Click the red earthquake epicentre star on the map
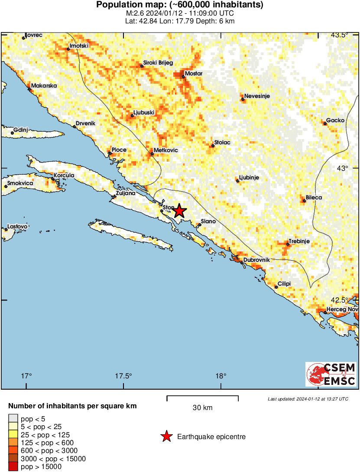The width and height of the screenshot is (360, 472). coord(179,211)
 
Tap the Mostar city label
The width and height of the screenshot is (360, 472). coord(193,74)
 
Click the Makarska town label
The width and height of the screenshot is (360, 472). coord(44,86)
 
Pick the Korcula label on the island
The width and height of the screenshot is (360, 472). coord(64,176)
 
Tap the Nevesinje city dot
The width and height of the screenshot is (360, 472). coord(243,100)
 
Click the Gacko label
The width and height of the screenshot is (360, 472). coord(335,120)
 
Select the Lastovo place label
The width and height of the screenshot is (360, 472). coord(18,227)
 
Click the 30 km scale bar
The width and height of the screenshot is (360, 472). coord(202,396)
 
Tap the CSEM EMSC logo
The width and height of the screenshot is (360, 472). coord(331,374)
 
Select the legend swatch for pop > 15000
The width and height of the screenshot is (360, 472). coord(13,467)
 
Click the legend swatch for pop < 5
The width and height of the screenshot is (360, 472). coord(13,419)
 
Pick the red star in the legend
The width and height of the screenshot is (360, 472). coord(166,437)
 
